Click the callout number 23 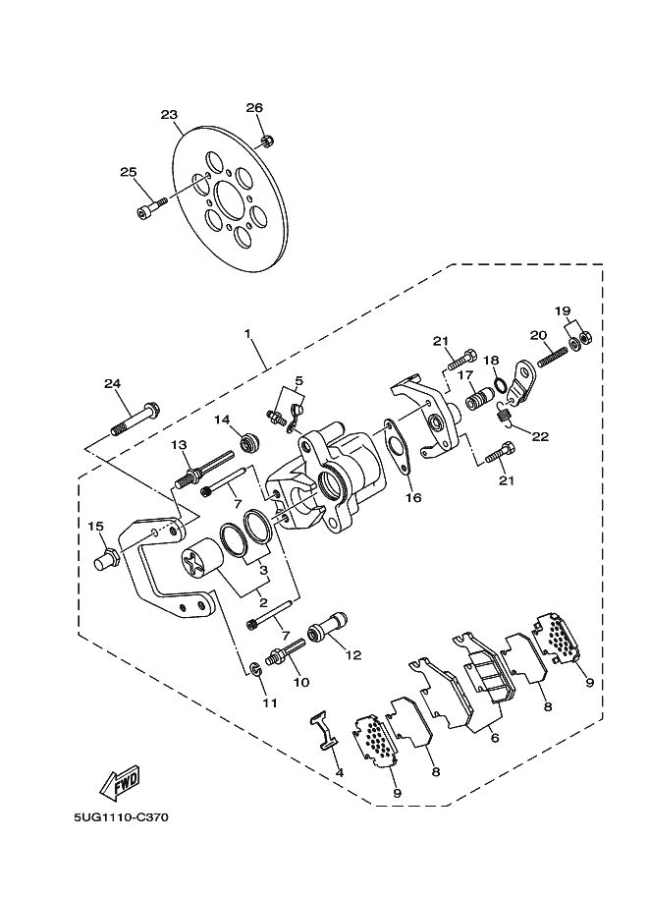[x=170, y=114]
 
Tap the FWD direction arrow [x=118, y=783]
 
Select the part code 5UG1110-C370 [x=119, y=816]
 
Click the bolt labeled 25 [x=147, y=208]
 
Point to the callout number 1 [x=249, y=334]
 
